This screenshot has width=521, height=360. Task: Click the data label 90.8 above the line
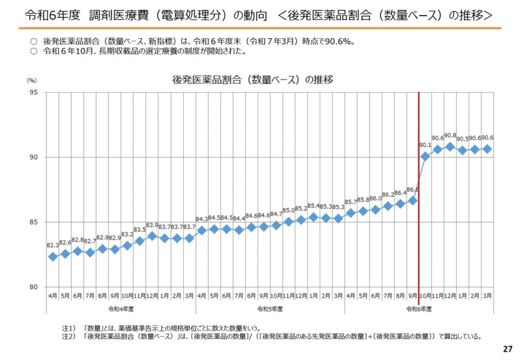tap(450, 136)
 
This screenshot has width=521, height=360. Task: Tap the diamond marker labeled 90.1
tap(425, 156)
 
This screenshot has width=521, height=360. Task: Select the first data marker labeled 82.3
tap(52, 257)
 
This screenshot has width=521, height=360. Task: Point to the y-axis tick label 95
tap(33, 93)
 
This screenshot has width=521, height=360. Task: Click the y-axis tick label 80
tap(33, 287)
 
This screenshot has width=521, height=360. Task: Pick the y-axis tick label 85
tap(33, 222)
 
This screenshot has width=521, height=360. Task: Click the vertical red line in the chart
tap(419, 204)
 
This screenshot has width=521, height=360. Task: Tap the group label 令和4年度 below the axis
tap(121, 309)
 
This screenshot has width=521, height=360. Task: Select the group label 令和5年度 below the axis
tap(270, 309)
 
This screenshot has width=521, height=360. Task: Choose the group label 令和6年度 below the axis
tap(419, 309)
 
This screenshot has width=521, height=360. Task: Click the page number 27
tap(507, 349)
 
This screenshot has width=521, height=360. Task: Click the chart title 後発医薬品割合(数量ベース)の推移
tap(253, 79)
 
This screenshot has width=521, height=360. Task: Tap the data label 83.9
tap(152, 225)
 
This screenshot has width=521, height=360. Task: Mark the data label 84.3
tap(202, 219)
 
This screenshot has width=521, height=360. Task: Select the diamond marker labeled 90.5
tap(462, 150)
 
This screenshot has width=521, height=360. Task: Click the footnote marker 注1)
tap(68, 328)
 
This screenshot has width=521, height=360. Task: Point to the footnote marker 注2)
tap(68, 336)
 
